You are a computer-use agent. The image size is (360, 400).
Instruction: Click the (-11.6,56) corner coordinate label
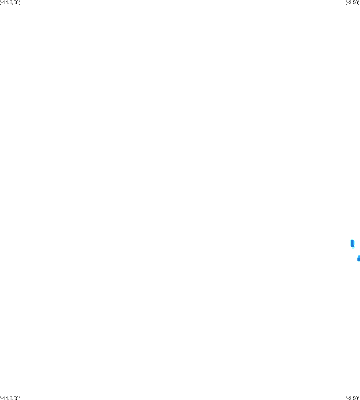(10, 2)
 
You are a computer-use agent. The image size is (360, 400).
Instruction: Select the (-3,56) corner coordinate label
(353, 2)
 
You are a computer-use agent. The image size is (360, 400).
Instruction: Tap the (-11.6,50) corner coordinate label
(10, 398)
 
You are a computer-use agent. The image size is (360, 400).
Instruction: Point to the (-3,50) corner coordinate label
(353, 398)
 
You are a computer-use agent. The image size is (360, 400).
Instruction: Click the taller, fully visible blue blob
(353, 243)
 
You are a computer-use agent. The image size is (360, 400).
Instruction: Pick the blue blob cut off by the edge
(359, 258)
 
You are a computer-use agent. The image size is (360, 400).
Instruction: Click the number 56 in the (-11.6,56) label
(16, 2)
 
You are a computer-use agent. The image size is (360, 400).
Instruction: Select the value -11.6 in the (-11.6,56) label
(7, 2)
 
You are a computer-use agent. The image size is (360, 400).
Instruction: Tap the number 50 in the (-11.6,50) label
(16, 398)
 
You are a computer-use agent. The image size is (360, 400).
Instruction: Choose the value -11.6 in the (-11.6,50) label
(7, 398)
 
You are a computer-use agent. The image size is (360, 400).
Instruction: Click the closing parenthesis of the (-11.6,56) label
(20, 2)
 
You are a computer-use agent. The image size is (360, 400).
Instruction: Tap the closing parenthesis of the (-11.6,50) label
(20, 398)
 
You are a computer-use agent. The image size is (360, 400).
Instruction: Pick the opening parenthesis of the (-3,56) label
(346, 2)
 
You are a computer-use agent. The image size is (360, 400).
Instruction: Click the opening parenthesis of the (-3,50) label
(346, 398)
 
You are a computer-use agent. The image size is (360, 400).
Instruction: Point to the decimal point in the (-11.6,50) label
(9, 399)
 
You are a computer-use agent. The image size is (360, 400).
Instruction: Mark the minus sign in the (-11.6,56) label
(2, 3)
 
